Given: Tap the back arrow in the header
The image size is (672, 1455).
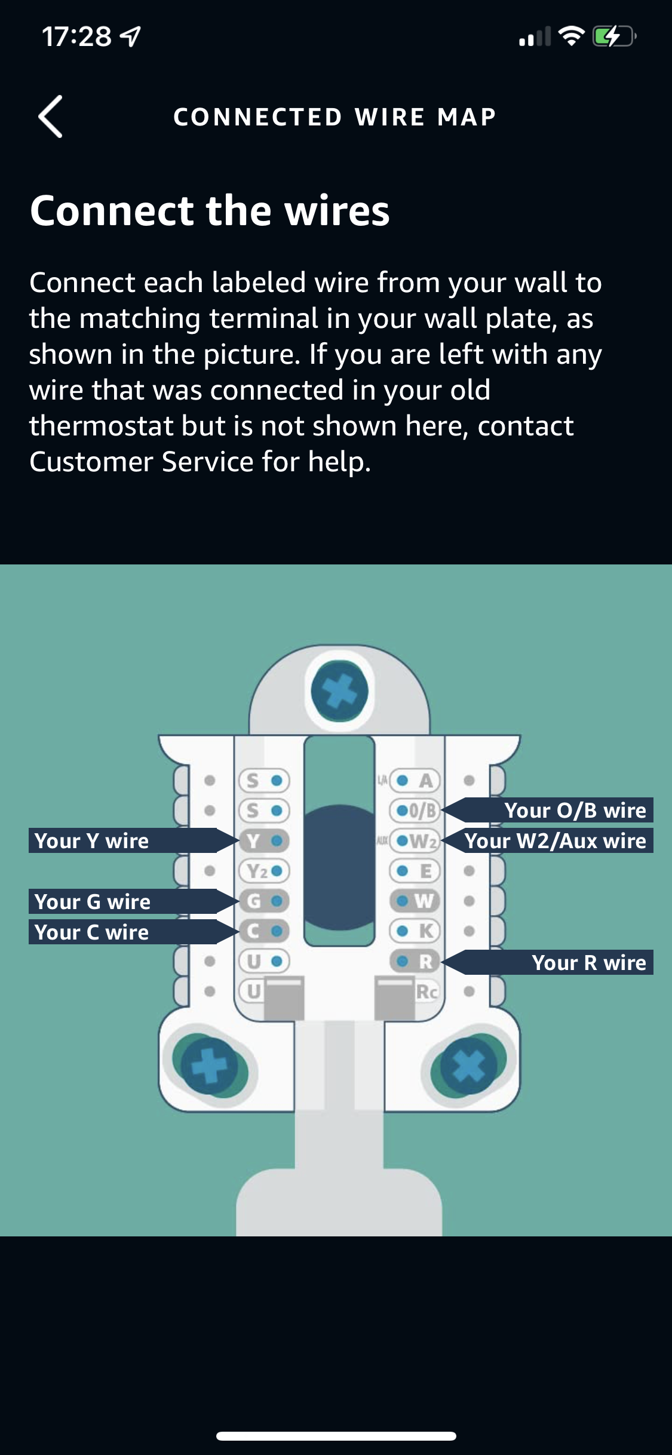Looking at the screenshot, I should (51, 116).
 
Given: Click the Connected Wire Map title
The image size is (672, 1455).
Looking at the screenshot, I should (335, 117).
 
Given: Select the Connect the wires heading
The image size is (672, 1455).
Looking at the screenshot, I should (210, 211).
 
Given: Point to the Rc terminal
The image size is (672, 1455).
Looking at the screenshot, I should (426, 992).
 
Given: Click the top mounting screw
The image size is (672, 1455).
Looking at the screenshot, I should (339, 691).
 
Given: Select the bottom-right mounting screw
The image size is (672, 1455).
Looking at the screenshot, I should (468, 1065).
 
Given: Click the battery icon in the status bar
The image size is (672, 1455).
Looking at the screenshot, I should (613, 37).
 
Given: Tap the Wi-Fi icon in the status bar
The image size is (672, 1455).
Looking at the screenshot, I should (571, 37).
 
